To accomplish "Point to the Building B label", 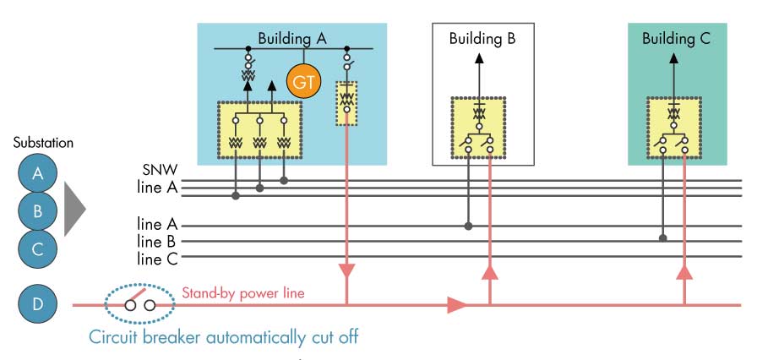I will point(482,38).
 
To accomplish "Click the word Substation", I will point(43,143).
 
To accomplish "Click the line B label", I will point(157,242).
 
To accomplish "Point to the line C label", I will point(157,258).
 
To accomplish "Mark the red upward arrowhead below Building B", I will point(491,272).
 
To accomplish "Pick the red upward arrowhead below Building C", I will point(685,272).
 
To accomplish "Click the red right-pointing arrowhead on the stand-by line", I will point(457,304).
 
